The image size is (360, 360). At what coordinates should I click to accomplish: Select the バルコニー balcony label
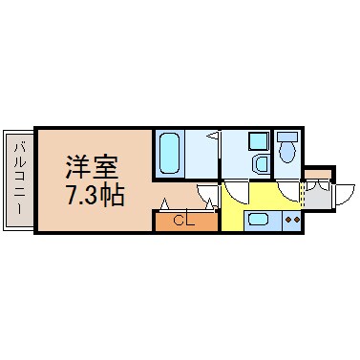[x=19, y=179]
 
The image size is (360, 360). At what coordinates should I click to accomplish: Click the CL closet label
[x=185, y=221]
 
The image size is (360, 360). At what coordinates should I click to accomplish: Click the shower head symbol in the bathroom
[x=214, y=136]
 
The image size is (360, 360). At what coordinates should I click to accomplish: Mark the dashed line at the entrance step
[x=303, y=197]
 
